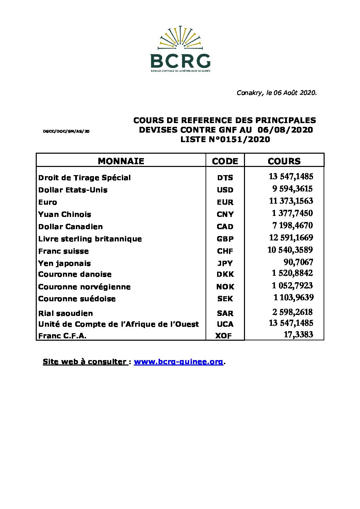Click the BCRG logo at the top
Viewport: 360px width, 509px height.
click(x=180, y=50)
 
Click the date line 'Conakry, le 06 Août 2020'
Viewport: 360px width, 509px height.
click(x=276, y=92)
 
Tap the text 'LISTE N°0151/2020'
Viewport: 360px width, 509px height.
click(x=225, y=139)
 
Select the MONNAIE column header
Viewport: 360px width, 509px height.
click(x=121, y=161)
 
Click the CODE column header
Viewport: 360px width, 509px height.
click(x=225, y=161)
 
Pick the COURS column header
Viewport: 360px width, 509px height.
click(x=284, y=161)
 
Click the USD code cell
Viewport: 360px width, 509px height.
click(x=225, y=190)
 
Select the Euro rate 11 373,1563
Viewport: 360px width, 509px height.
click(x=291, y=201)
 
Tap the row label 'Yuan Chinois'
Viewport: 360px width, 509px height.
click(x=65, y=215)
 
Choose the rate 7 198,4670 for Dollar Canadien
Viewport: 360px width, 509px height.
click(x=292, y=225)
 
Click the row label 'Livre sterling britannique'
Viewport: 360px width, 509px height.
click(x=90, y=239)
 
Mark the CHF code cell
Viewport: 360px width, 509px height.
click(x=225, y=251)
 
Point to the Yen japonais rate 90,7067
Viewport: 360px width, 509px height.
click(x=298, y=262)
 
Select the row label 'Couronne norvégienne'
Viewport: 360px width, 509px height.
click(x=84, y=287)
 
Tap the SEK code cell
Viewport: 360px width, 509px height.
click(x=225, y=299)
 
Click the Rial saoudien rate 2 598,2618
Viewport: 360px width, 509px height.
click(x=292, y=312)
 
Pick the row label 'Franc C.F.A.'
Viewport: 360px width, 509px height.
click(x=62, y=336)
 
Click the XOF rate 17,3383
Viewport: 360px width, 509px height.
click(x=298, y=335)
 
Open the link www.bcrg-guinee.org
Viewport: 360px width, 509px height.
click(x=178, y=362)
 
